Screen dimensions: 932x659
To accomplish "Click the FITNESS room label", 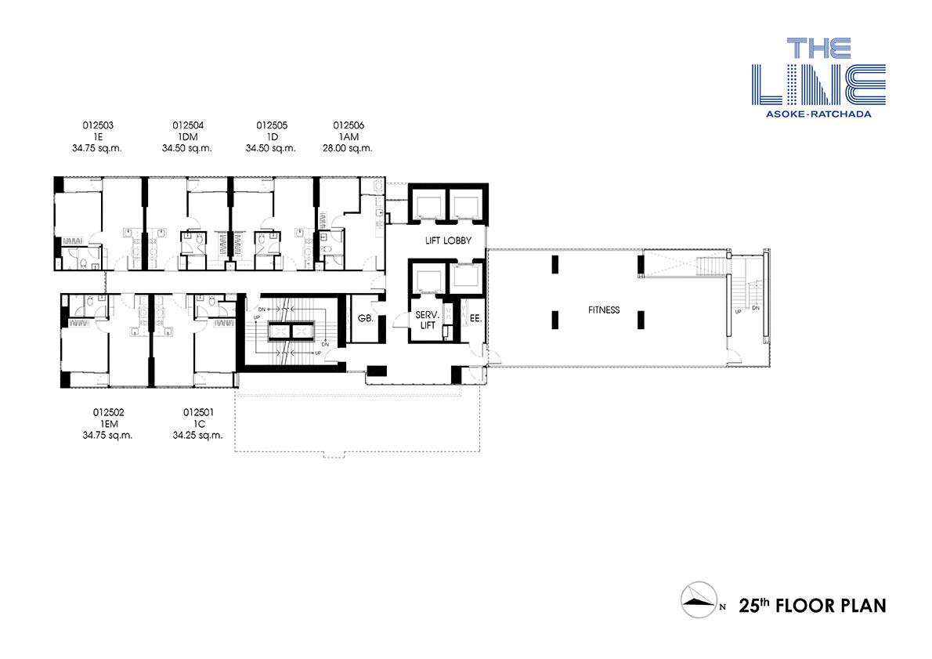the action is pos(604,310).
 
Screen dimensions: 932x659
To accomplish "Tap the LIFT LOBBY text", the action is pos(448,241).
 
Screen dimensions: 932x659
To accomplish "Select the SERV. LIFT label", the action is pos(427,320).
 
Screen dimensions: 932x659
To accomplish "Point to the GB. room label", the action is pos(366,319).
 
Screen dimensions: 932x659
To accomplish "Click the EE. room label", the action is pos(475,319).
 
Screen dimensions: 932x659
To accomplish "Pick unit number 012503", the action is pos(97,125).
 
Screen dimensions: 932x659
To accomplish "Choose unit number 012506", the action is pos(349,125).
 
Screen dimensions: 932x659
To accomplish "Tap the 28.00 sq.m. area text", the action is pos(347,149).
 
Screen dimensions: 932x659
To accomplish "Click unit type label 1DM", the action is pos(188,137).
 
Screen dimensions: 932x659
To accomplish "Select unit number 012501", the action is pos(198,412).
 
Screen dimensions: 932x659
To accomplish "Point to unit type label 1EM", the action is pos(109,424).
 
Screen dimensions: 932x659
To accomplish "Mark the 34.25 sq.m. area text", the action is pos(197,436).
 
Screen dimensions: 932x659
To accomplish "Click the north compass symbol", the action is pos(700,599).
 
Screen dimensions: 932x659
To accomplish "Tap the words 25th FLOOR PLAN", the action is pos(812,606).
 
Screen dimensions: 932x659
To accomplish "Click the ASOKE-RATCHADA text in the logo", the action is pos(818,114).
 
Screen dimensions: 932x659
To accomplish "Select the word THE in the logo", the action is pos(819,48).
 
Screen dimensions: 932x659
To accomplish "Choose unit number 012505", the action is pos(272,125).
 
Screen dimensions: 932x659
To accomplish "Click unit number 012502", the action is pos(108,412).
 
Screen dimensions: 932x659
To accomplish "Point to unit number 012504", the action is pos(188,125).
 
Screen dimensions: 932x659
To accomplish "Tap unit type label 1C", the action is pos(198,424).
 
